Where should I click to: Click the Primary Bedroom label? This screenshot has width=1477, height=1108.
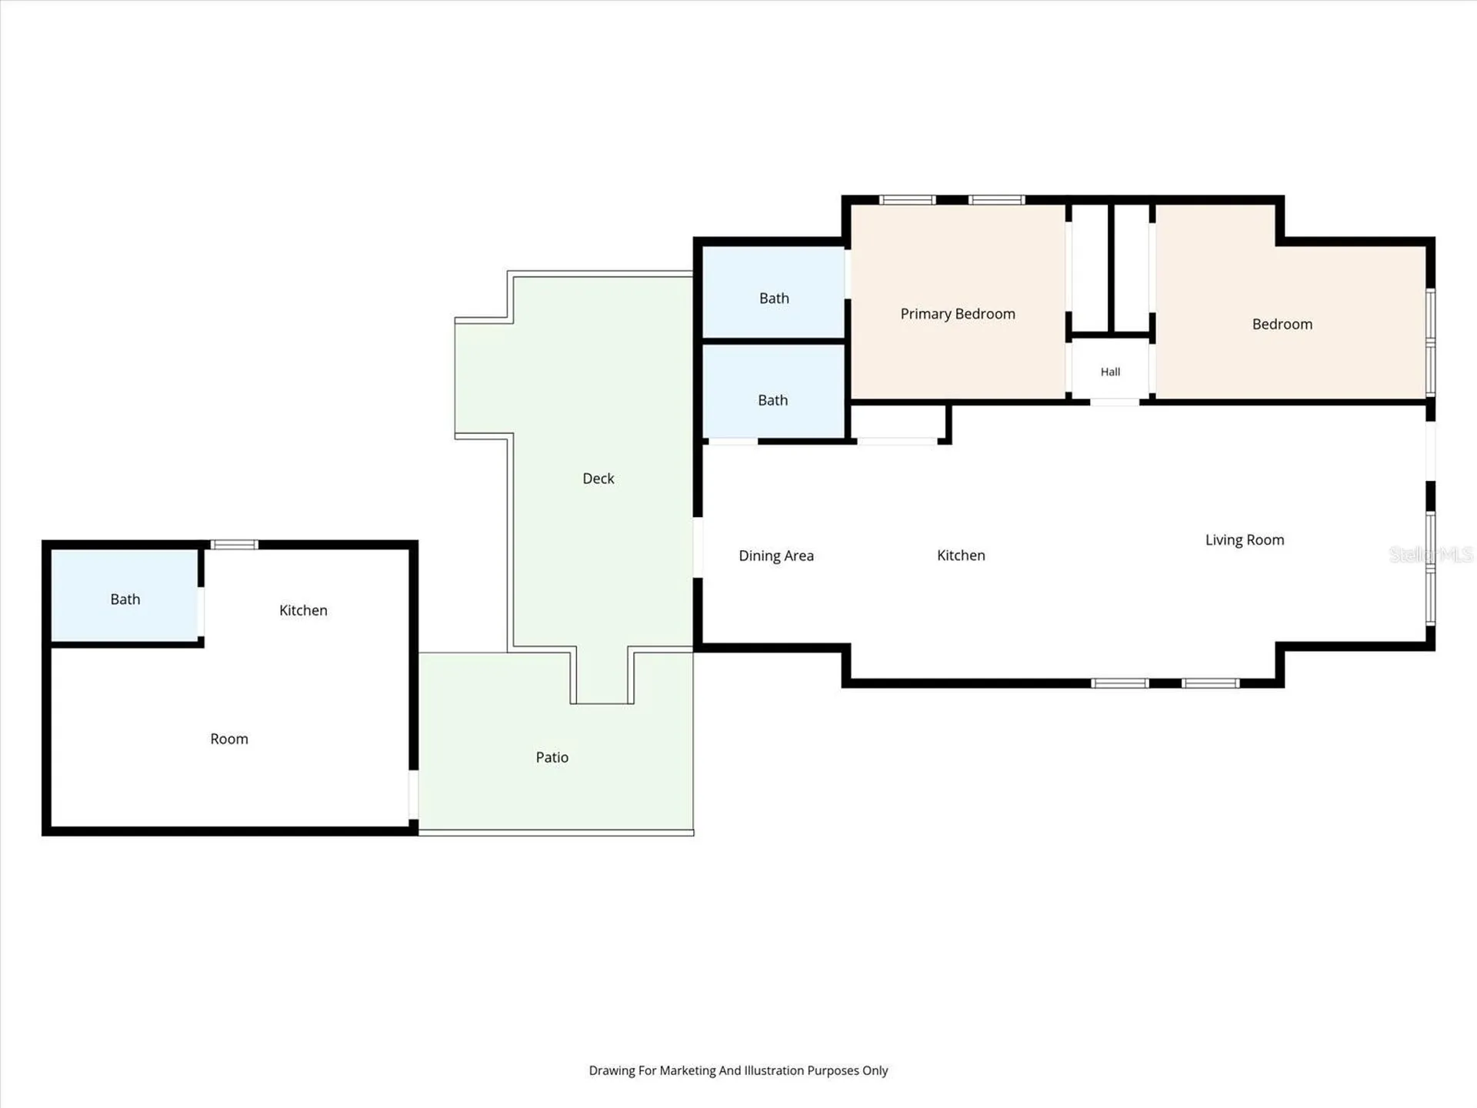coord(958,314)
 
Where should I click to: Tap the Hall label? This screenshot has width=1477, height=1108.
coord(1110,372)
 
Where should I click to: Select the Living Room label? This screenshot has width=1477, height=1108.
coord(1245,540)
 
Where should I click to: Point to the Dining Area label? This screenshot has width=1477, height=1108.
coord(776,556)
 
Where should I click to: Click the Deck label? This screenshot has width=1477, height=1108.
coord(598,479)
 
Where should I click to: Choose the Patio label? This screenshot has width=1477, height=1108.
coord(552,757)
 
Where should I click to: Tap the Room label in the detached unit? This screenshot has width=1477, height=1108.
coord(229,739)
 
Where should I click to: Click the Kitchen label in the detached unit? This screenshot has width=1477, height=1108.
coord(303,610)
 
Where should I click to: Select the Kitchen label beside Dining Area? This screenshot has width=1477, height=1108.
coord(961,556)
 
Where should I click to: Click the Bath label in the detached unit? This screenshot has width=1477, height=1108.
coord(125,599)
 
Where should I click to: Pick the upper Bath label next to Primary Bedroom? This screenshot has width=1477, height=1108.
coord(774,299)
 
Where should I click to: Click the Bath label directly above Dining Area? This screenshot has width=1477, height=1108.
coord(773,400)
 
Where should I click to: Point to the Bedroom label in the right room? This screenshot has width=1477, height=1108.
coord(1282,325)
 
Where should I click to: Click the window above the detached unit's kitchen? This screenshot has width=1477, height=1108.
coord(235,545)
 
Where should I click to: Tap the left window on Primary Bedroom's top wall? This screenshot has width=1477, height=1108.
coord(908,200)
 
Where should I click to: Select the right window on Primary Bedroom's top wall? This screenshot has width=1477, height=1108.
coord(996,200)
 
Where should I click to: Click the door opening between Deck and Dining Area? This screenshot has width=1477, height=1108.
coord(698,548)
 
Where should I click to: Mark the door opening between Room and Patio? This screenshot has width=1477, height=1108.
coord(413,795)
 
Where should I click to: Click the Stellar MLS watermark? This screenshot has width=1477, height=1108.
coord(1431,554)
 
